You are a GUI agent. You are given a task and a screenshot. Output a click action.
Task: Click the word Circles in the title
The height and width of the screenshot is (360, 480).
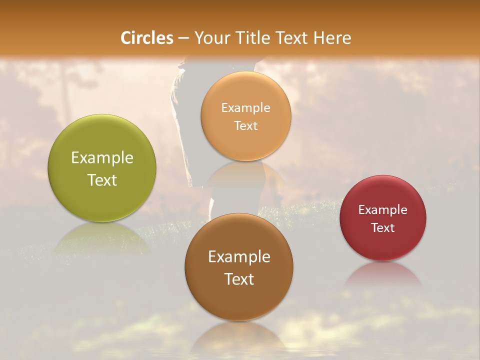(x=147, y=38)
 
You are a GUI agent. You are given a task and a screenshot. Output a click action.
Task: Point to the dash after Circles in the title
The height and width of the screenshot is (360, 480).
(x=183, y=38)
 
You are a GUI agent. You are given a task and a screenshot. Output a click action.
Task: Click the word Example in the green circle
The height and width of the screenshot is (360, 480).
(x=102, y=158)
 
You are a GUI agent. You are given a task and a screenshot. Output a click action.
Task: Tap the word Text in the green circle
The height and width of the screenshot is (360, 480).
(x=102, y=180)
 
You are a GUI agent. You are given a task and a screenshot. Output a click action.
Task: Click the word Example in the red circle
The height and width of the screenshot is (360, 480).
(x=383, y=210)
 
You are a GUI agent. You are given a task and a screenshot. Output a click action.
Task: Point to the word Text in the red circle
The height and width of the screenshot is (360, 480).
(x=383, y=228)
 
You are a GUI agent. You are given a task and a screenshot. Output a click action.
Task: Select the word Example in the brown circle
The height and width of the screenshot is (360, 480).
(x=239, y=257)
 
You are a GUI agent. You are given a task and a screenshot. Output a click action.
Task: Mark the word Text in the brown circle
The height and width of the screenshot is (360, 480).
(x=239, y=279)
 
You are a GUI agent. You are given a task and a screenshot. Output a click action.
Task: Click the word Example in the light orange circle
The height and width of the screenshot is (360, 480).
(x=245, y=108)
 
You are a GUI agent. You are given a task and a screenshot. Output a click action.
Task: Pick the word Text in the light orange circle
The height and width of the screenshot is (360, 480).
(x=245, y=126)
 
